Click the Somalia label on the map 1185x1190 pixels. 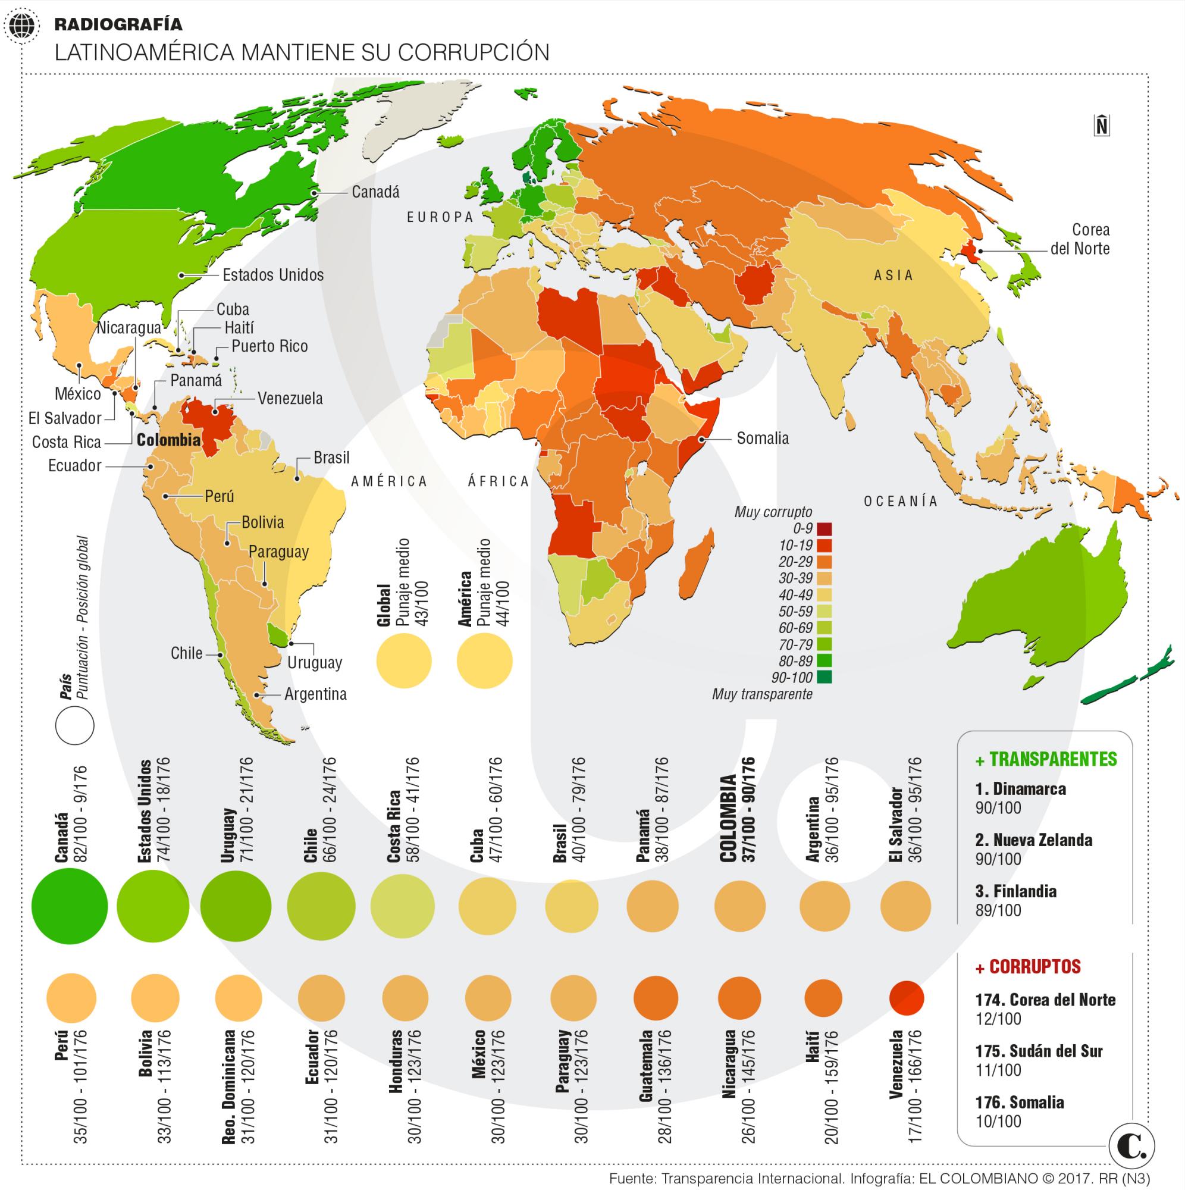pyautogui.click(x=762, y=439)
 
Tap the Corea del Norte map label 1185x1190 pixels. pyautogui.click(x=1081, y=240)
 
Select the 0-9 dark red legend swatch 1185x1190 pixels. pyautogui.click(x=825, y=529)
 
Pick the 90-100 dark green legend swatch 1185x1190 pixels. pyautogui.click(x=825, y=678)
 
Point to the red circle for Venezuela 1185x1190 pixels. pyautogui.click(x=907, y=998)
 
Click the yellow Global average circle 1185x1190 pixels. pyautogui.click(x=403, y=661)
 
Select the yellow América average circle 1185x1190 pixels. pyautogui.click(x=484, y=661)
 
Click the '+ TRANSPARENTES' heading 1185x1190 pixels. pyautogui.click(x=1046, y=759)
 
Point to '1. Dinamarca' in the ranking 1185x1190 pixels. pyautogui.click(x=1020, y=789)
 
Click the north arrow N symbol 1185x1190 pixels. pyautogui.click(x=1102, y=126)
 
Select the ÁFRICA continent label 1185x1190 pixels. pyautogui.click(x=499, y=481)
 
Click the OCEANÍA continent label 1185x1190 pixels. pyautogui.click(x=901, y=502)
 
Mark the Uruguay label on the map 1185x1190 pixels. pyautogui.click(x=314, y=663)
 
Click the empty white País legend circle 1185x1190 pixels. pyautogui.click(x=74, y=725)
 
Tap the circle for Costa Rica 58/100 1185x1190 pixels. pyautogui.click(x=403, y=907)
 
